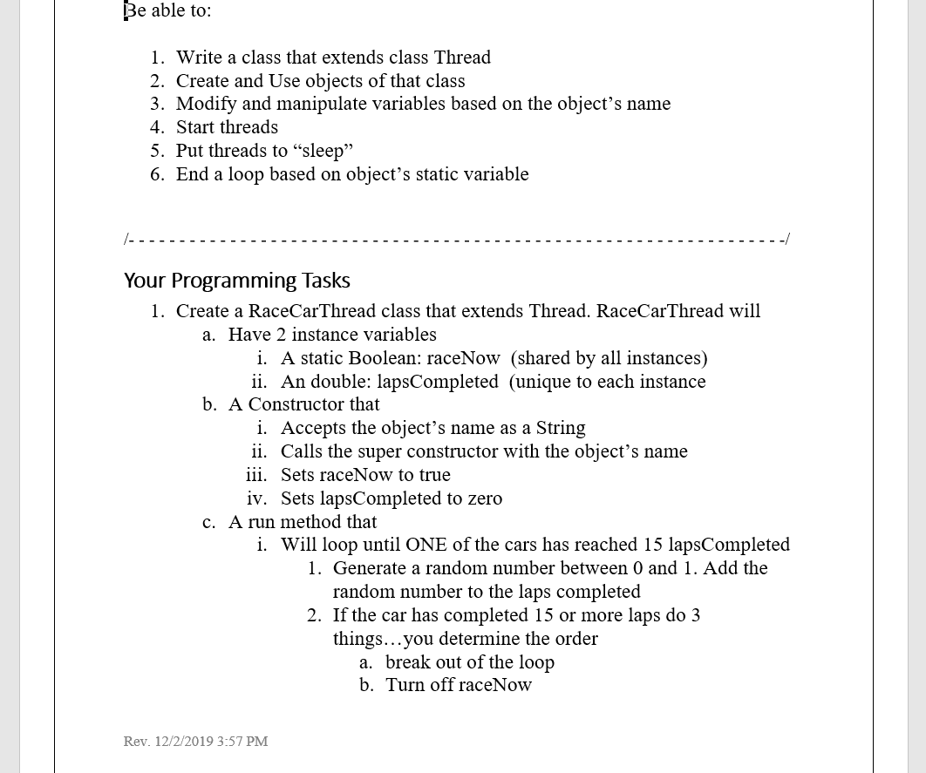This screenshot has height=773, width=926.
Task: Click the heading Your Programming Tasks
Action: pyautogui.click(x=236, y=281)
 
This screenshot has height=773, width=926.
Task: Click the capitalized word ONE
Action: pyautogui.click(x=426, y=545)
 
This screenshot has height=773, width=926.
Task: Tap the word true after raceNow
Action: pyautogui.click(x=433, y=475)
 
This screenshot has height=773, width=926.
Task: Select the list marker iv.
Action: pyautogui.click(x=256, y=498)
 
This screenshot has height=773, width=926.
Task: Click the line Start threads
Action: pyautogui.click(x=227, y=127)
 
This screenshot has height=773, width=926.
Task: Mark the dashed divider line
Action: pyautogui.click(x=457, y=239)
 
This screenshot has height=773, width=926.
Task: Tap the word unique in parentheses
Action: pyautogui.click(x=543, y=382)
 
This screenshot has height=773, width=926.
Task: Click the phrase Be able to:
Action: pyautogui.click(x=167, y=10)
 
